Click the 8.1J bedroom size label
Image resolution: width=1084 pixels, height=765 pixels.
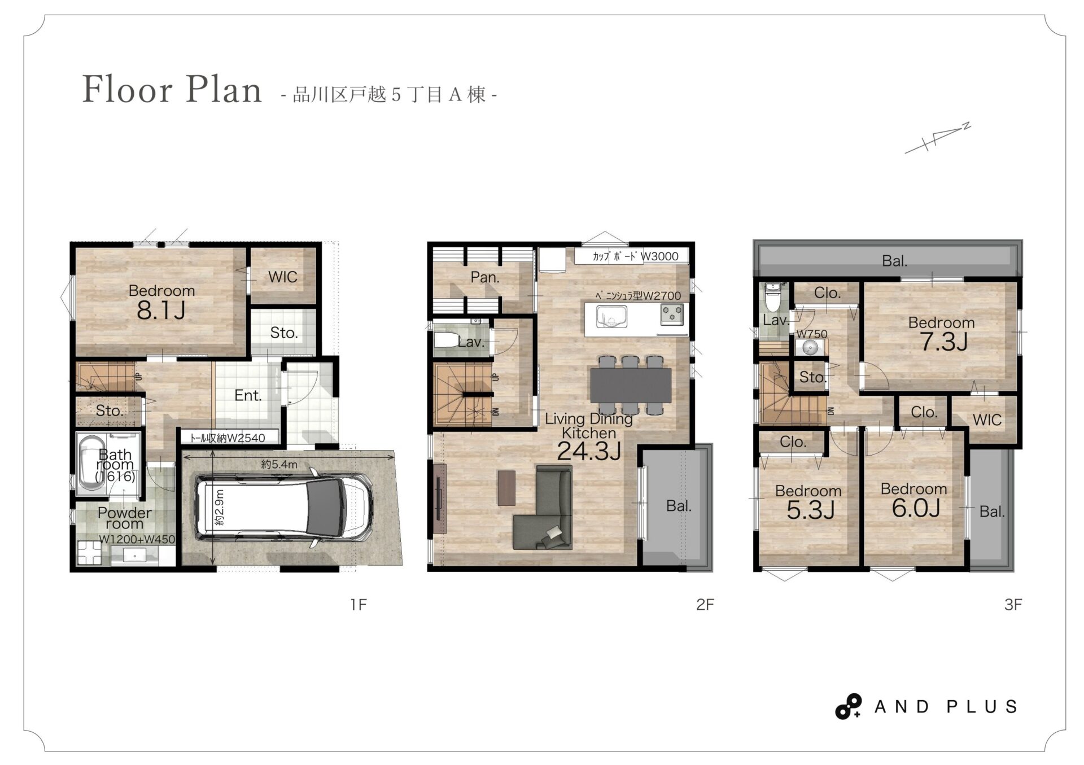click(161, 311)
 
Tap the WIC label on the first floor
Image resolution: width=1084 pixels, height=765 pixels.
click(282, 277)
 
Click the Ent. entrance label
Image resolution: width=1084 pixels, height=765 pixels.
click(248, 395)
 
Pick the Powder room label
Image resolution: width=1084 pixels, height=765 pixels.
click(124, 518)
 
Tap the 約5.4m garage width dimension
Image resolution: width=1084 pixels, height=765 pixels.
click(279, 465)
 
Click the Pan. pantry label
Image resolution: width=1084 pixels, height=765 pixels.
click(485, 277)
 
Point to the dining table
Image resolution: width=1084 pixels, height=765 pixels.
click(631, 385)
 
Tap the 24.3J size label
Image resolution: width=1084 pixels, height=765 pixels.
click(589, 451)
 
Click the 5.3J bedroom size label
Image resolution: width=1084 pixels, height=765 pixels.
click(810, 510)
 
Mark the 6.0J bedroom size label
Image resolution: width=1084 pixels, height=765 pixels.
click(916, 508)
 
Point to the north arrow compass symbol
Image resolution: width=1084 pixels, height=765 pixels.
click(938, 138)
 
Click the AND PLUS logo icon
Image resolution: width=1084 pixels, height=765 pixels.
click(848, 706)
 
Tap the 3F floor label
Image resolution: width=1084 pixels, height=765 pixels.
click(1013, 605)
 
